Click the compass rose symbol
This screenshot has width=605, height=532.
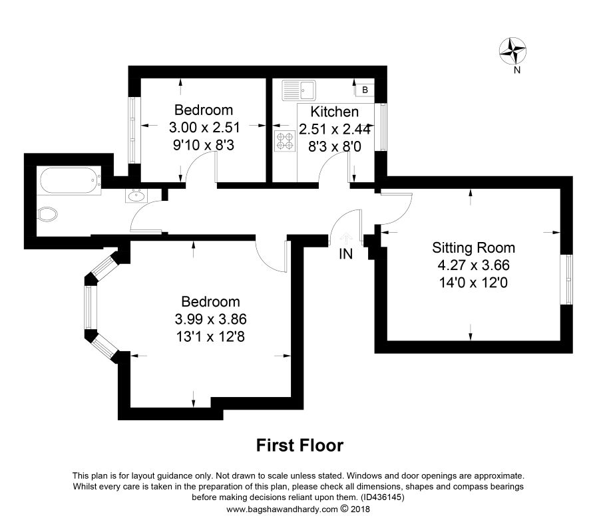(512, 51)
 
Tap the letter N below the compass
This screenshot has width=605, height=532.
(517, 70)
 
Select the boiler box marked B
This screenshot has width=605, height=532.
(365, 90)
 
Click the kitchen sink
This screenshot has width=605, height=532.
(299, 90)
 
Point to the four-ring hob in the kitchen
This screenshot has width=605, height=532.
(285, 141)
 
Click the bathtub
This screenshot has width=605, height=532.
(71, 181)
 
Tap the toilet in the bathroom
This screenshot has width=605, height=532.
(48, 214)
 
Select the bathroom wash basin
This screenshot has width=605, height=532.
(136, 196)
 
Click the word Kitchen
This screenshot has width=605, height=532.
(335, 112)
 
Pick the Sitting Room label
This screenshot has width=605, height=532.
(473, 247)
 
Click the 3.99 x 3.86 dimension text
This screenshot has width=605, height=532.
(210, 319)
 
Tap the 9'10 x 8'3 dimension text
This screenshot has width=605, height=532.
(204, 146)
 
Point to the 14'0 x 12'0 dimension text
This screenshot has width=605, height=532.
(473, 283)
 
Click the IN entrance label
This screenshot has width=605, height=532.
(345, 254)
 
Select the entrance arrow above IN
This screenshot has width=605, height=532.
(345, 239)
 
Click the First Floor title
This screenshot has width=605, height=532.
(300, 446)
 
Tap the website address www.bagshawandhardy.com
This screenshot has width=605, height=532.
(282, 509)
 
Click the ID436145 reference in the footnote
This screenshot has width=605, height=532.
(383, 497)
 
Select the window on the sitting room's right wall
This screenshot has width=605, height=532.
(566, 279)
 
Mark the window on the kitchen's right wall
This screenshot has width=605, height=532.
(381, 127)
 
